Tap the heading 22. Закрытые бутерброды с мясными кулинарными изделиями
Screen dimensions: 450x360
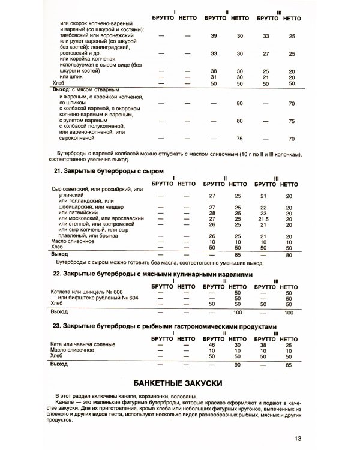tap(151, 274)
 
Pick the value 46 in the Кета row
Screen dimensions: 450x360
tap(211, 345)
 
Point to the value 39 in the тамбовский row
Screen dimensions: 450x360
tap(214, 37)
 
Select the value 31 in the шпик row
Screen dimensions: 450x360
tap(214, 77)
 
